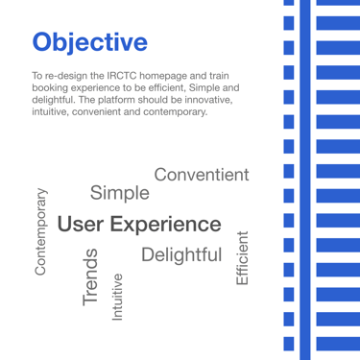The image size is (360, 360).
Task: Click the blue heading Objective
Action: tap(90, 42)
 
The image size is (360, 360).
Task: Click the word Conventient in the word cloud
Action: tap(202, 175)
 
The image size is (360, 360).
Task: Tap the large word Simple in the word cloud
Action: tap(120, 193)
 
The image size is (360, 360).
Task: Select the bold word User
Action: tap(81, 224)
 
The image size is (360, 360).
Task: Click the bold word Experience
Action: tap(166, 225)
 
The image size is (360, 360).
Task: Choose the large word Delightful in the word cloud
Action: tap(181, 255)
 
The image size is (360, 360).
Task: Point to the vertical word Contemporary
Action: tap(41, 231)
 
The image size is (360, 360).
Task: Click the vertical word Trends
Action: tap(90, 276)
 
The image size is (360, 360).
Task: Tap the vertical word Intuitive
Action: tap(117, 297)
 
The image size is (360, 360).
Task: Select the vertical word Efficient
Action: tap(242, 258)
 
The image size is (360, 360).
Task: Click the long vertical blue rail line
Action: tap(305, 180)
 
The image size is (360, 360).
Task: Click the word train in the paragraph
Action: tap(219, 76)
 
